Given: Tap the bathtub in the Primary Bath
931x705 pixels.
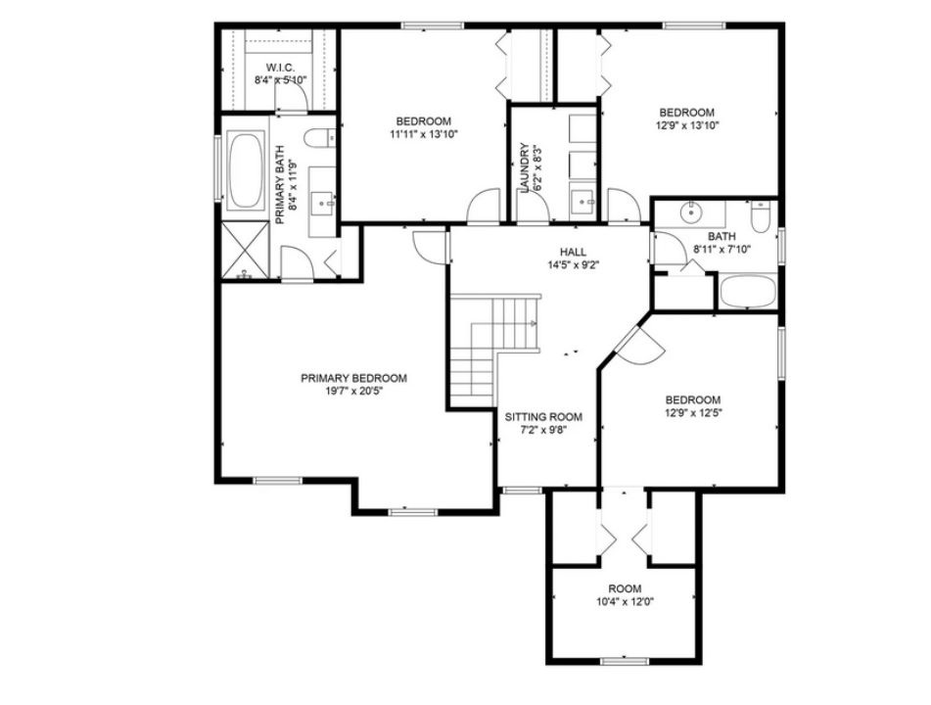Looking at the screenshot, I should point(245,170).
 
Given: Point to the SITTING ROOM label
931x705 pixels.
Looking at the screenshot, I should point(535,416).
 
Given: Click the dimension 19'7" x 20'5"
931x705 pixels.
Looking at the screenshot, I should point(353,392).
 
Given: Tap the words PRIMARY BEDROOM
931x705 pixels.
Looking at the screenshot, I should point(353,378).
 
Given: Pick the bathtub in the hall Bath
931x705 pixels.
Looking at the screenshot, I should point(749,291).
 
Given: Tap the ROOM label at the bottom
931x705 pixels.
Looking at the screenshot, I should point(624,588).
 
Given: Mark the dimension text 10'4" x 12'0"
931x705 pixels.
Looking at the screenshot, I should point(624,602).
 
